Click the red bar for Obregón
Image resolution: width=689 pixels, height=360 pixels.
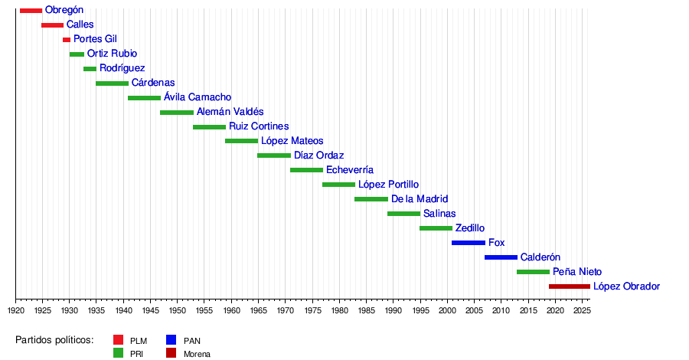click(x=31, y=10)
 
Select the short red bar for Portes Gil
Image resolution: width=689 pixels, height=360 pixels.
click(x=67, y=39)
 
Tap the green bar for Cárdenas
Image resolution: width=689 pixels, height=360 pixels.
click(x=112, y=83)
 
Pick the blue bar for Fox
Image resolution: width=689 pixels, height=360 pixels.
click(x=468, y=243)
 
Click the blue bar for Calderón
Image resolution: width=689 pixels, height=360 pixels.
click(x=501, y=257)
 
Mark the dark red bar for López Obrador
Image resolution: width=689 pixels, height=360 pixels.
click(x=569, y=286)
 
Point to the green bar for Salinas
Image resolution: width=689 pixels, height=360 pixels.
click(x=403, y=214)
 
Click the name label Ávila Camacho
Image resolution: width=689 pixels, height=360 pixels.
click(x=198, y=97)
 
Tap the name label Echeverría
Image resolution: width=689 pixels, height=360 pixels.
click(x=350, y=170)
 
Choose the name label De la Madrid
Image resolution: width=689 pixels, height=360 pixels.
click(x=420, y=199)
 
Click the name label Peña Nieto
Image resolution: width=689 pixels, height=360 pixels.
click(x=577, y=272)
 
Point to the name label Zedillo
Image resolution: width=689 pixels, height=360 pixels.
click(x=470, y=228)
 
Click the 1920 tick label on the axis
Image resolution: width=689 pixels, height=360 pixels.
click(x=16, y=310)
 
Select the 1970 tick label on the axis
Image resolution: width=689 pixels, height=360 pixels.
click(x=285, y=310)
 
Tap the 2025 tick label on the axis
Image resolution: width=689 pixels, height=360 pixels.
click(x=581, y=310)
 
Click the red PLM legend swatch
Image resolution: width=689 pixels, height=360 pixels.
click(x=118, y=340)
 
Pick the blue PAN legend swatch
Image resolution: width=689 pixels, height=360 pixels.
click(x=171, y=340)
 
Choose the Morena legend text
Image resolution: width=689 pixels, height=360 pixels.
click(x=197, y=354)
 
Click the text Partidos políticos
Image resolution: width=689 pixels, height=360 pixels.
click(x=54, y=340)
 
